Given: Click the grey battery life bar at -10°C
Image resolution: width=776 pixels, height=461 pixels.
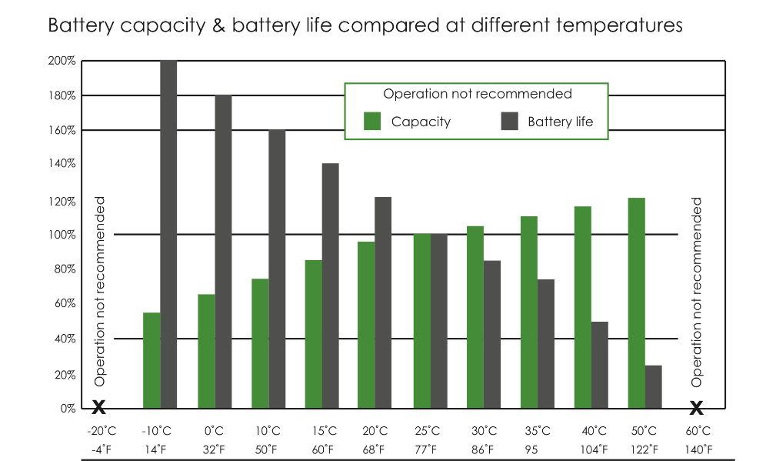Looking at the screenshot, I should click(x=168, y=234).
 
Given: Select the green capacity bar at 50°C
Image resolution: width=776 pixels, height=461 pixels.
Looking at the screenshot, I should click(x=636, y=303).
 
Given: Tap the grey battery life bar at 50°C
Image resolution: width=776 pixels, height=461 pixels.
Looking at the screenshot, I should click(x=653, y=386).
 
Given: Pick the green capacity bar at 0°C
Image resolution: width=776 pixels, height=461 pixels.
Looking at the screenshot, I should click(x=206, y=351).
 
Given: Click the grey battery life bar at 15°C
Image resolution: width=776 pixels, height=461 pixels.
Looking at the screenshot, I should click(x=330, y=286).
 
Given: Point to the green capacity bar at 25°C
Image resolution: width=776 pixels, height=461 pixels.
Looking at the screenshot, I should click(x=421, y=321).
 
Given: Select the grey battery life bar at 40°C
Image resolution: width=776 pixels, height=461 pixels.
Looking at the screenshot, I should click(x=599, y=365).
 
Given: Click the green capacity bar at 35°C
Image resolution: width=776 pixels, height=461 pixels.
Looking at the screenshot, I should click(x=528, y=312).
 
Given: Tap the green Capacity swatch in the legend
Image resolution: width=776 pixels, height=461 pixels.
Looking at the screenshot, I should click(x=373, y=122).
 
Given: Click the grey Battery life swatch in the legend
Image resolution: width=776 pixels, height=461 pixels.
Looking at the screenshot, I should click(x=510, y=122).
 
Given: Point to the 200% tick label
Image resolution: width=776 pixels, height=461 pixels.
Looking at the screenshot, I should click(x=62, y=61).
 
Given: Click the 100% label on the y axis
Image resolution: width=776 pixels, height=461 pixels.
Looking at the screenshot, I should click(x=62, y=235).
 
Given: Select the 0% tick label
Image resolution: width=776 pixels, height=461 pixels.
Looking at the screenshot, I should click(x=67, y=409).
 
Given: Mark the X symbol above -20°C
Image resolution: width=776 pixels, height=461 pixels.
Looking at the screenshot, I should click(x=98, y=407).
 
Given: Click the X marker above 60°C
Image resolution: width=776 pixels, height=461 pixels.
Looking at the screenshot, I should click(x=697, y=407).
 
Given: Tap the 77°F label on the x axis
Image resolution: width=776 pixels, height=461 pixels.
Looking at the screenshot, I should click(x=428, y=449).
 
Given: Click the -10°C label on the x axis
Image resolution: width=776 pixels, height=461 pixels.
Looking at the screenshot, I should click(x=157, y=431).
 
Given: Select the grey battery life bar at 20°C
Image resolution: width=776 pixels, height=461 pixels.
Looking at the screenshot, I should click(x=383, y=302).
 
